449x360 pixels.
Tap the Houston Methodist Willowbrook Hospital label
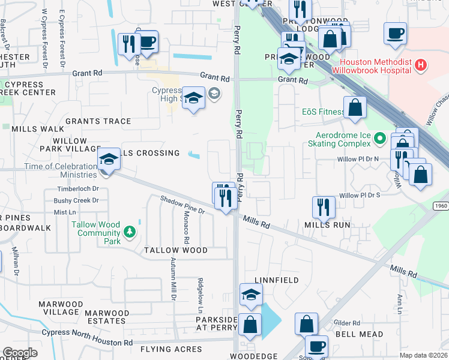pos(375,66)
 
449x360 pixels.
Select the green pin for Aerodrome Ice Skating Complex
pos(379,139)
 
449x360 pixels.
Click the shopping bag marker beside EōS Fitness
pos(355,108)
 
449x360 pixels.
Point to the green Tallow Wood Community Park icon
pos(128,232)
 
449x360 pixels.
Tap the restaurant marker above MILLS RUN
pos(324,207)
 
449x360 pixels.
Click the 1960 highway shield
pos(440,206)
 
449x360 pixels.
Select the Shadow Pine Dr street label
pos(182,205)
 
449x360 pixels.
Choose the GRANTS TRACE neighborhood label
pos(98,121)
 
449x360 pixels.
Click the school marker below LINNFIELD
pos(251,294)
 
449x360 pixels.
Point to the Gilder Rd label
pos(348,323)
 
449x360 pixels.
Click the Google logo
pos(20,353)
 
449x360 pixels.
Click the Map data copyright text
pos(423,355)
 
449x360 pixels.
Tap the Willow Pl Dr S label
pos(360,196)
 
